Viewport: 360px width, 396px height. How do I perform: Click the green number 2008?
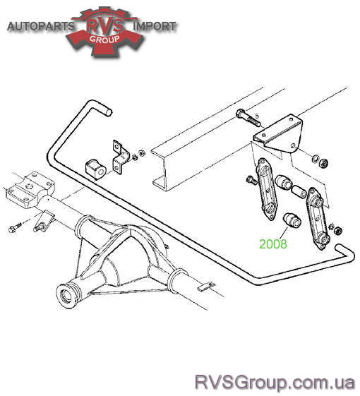(x=273, y=244)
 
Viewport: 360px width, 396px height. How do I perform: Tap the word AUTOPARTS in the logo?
(x=41, y=27)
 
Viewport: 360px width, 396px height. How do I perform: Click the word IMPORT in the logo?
(x=155, y=26)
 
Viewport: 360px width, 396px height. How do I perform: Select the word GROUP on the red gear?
(x=104, y=39)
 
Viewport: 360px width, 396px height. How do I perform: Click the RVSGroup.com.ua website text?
(x=275, y=382)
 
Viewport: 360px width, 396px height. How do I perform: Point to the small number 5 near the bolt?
(x=257, y=116)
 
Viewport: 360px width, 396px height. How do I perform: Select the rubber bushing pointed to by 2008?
(x=292, y=220)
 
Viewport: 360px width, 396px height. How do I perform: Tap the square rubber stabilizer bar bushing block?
(x=96, y=169)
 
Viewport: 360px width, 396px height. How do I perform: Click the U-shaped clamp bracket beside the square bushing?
(x=121, y=157)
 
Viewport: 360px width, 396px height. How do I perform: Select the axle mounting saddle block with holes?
(x=30, y=189)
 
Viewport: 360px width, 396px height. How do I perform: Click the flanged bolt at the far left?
(x=15, y=227)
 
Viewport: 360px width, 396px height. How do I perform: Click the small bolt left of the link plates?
(x=251, y=180)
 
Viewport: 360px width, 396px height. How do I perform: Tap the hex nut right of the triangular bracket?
(x=324, y=163)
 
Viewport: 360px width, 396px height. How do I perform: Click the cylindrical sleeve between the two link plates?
(x=299, y=191)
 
